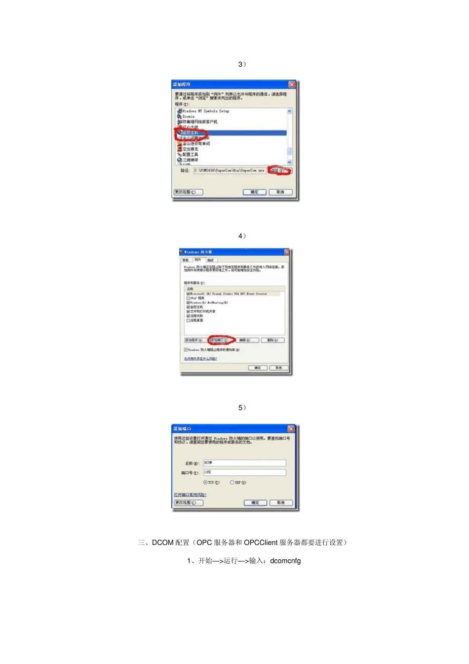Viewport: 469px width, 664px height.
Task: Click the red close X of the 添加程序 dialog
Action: point(292,84)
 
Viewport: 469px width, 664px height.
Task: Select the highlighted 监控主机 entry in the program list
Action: point(191,133)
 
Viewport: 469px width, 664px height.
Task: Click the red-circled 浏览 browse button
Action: point(279,170)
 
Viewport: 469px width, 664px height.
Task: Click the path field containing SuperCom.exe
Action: point(229,170)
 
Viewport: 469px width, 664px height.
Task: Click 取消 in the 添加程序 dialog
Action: point(280,192)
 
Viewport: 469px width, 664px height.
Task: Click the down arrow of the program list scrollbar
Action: point(289,162)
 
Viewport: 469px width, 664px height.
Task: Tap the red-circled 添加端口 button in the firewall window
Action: point(220,340)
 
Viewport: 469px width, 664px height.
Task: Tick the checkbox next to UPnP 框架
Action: point(188,298)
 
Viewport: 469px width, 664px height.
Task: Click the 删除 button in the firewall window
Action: point(273,340)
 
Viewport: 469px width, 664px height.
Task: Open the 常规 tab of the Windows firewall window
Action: point(186,260)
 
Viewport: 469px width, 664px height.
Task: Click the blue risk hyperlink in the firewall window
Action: point(200,359)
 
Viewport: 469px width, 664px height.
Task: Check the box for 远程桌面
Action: point(188,320)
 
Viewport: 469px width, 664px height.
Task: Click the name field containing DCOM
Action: point(244,463)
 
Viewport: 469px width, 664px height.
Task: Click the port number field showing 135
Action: point(244,472)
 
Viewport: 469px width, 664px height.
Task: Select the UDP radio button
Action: point(232,483)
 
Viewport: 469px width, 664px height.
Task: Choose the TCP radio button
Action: point(206,483)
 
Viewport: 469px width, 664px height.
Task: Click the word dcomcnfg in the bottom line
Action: point(285,561)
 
